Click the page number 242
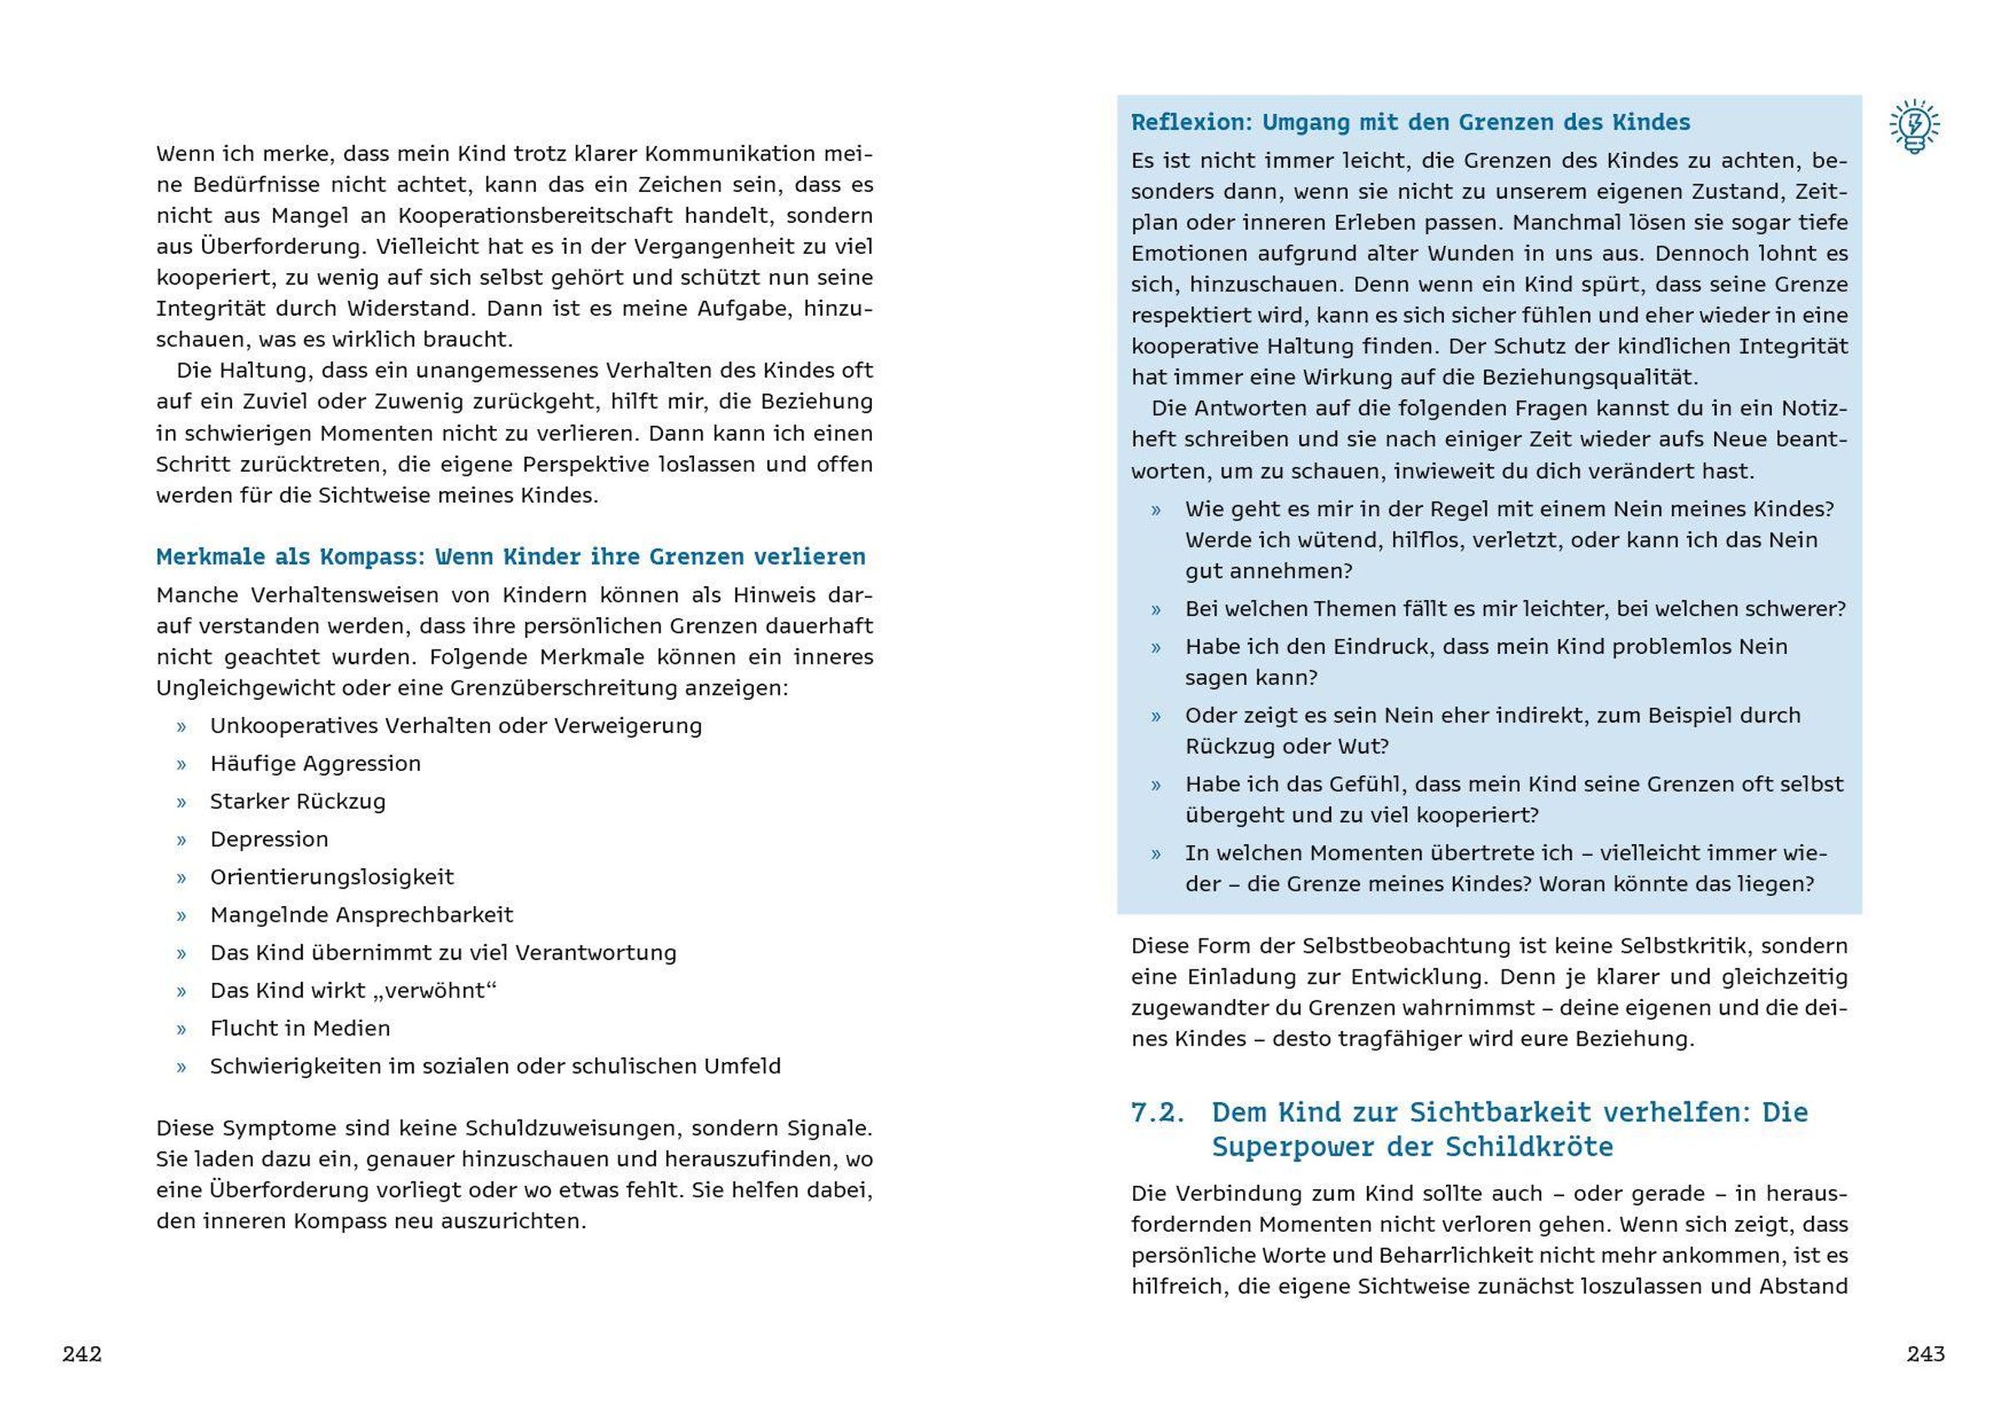[83, 1354]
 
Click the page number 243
[1926, 1354]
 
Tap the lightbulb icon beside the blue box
[1914, 128]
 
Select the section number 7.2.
[1157, 1112]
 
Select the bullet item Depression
[269, 839]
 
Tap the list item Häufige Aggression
[315, 763]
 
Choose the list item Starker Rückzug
[297, 802]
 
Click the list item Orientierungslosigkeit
[331, 877]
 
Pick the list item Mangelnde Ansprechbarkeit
[362, 915]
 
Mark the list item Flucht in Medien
[301, 1028]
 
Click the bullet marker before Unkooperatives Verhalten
[181, 726]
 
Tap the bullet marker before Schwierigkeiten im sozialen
[181, 1067]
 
